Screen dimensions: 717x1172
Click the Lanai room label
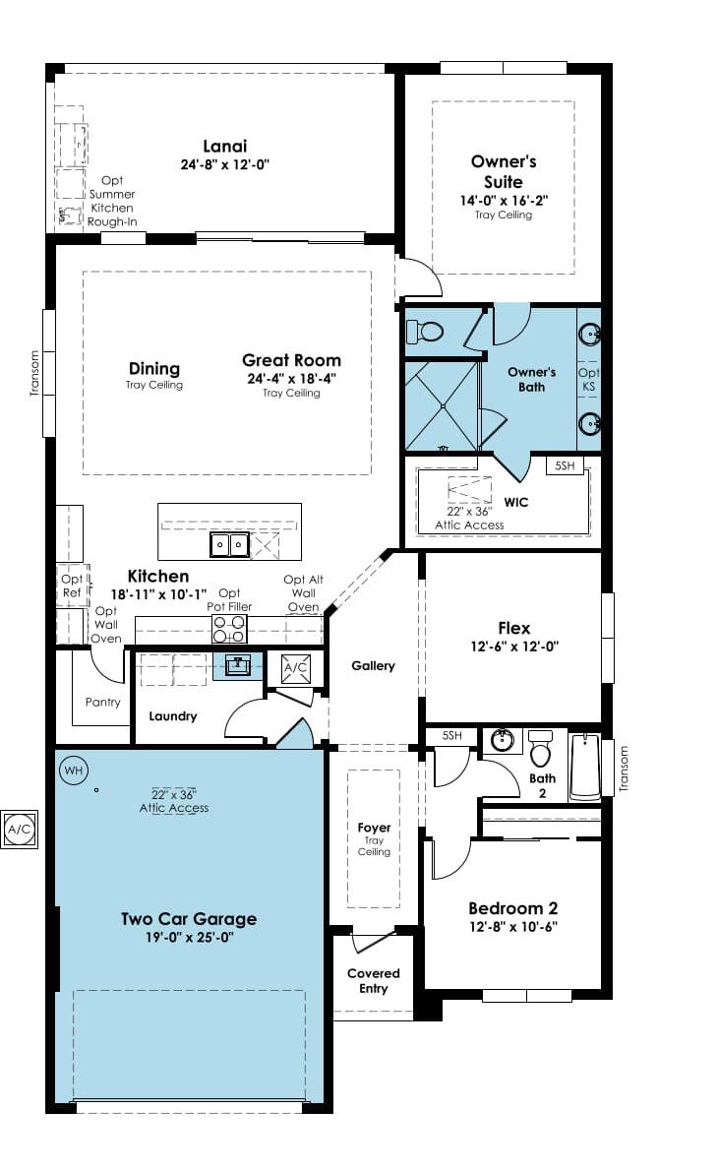225,147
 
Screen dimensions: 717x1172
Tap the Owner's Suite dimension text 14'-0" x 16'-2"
505,201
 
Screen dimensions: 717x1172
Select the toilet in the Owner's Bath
425,331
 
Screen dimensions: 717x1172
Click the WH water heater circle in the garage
73,771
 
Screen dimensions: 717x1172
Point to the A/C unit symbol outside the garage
20,829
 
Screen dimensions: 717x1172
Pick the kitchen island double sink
229,544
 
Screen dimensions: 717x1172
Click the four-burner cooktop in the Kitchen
229,629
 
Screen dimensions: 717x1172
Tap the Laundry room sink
238,664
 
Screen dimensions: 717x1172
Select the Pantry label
103,702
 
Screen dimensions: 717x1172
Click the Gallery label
374,665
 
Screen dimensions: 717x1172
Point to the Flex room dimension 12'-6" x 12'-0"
514,647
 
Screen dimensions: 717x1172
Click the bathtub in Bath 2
585,767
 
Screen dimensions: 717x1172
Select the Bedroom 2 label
513,908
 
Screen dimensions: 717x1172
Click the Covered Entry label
374,981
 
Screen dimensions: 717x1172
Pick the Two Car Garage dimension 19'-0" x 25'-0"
190,937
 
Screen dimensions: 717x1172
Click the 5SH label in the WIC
566,465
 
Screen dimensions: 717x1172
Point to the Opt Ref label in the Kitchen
73,586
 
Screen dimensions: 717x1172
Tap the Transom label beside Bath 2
625,769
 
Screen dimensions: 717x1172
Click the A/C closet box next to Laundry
296,667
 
